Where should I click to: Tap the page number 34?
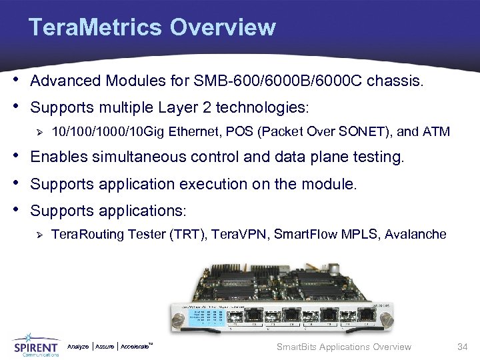(x=463, y=347)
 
